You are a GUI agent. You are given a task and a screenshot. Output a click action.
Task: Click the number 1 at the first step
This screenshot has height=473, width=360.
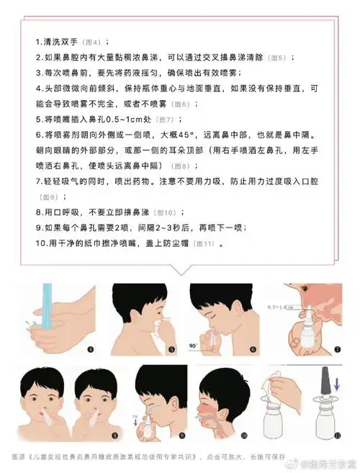point(38,41)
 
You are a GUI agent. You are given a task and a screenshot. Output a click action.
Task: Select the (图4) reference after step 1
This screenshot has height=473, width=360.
point(94,42)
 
